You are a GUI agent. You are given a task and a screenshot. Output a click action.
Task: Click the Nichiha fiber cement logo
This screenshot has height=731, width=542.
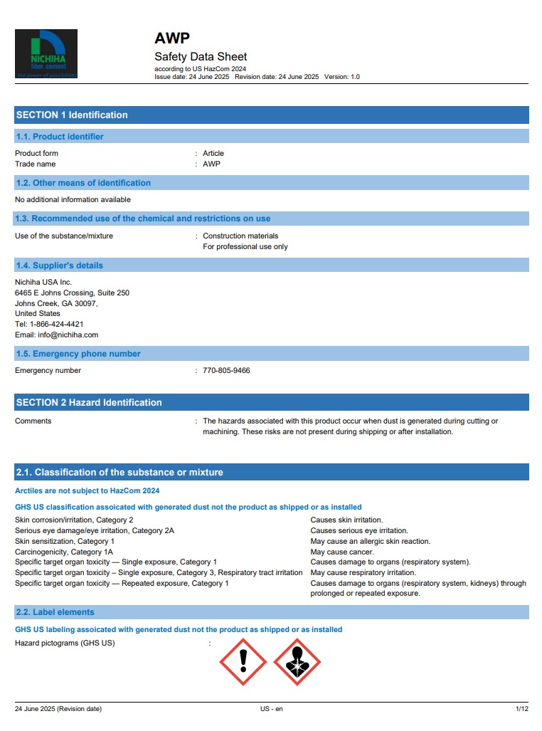[x=46, y=54]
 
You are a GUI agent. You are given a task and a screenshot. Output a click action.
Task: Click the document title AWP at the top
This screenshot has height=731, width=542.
[x=172, y=38]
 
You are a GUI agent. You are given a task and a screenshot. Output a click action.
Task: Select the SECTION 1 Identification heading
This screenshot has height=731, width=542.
[x=72, y=115]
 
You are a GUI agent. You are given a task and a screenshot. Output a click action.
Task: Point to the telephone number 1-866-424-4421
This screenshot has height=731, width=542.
[x=56, y=324]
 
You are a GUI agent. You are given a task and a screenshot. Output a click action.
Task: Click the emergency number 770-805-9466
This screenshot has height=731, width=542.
[x=226, y=371]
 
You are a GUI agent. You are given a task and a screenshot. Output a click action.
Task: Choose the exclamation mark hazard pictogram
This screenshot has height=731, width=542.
[x=243, y=662]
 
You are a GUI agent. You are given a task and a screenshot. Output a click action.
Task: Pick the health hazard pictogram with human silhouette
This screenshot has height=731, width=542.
[x=297, y=662]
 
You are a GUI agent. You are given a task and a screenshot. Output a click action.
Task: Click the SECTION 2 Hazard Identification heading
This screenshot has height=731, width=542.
[x=89, y=403]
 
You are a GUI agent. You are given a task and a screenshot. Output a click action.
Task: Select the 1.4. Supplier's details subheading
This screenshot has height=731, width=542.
[x=60, y=265]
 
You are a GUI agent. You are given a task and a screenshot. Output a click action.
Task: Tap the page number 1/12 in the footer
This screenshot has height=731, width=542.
[x=521, y=709]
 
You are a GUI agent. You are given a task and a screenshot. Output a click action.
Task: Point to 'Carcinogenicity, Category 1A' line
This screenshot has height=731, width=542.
[x=64, y=552]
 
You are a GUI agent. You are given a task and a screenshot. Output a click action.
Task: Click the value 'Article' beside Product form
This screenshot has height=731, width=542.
[x=213, y=154]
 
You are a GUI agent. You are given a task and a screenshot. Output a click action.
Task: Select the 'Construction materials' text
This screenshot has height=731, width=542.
[x=240, y=236]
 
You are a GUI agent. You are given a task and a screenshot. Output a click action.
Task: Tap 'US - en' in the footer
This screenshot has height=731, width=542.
[x=271, y=709]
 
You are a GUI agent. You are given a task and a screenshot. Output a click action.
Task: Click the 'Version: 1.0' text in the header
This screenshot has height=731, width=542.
[x=342, y=77]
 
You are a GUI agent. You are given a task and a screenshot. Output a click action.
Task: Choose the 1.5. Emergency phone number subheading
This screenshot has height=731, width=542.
[x=78, y=354]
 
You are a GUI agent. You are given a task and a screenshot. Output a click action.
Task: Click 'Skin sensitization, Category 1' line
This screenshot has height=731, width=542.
[x=65, y=541]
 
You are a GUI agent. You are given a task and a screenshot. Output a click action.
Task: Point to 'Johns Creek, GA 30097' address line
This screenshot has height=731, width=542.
[x=56, y=303]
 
